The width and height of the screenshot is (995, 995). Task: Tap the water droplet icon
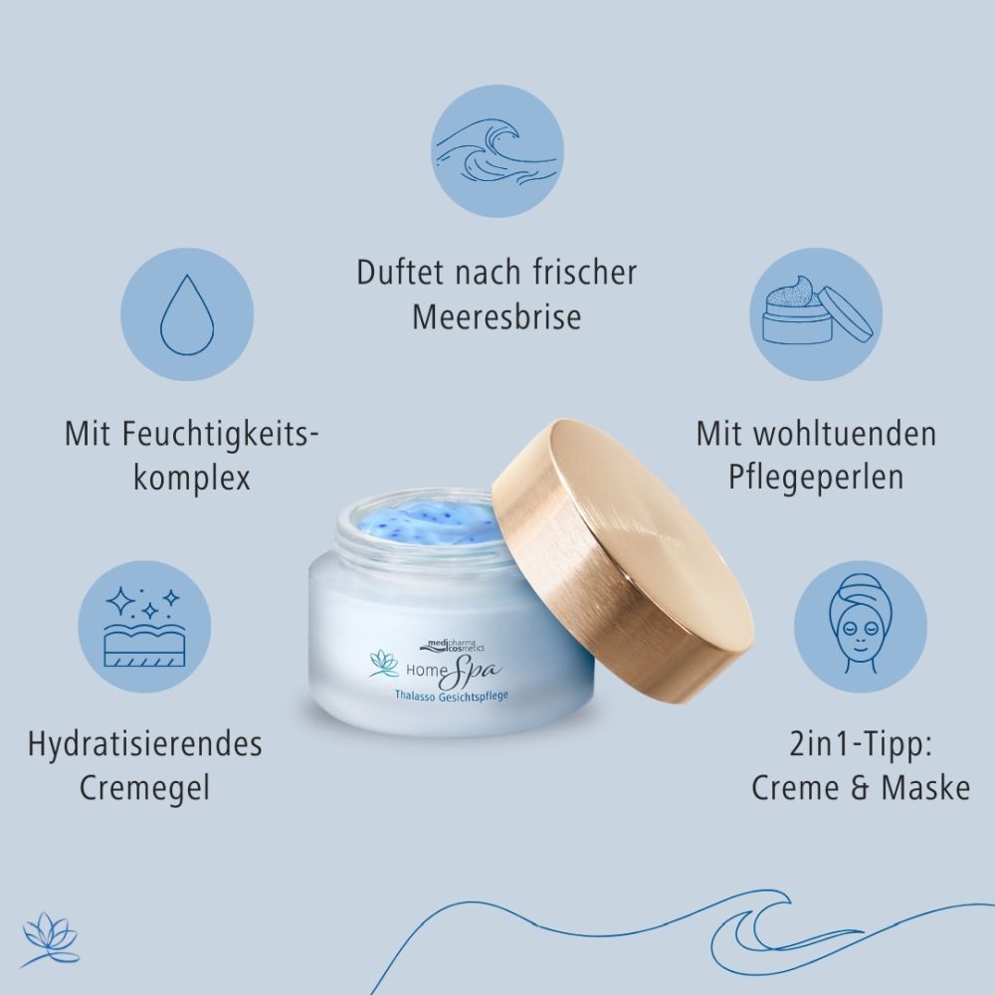187,313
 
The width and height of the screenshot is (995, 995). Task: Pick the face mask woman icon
861,627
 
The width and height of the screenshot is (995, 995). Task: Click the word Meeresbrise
497,317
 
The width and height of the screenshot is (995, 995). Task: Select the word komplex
191,478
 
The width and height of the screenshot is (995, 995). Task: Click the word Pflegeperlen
815,477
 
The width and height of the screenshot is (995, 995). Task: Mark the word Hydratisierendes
145,744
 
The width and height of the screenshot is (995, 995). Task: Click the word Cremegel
145,789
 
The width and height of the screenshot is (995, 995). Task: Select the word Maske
925,788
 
